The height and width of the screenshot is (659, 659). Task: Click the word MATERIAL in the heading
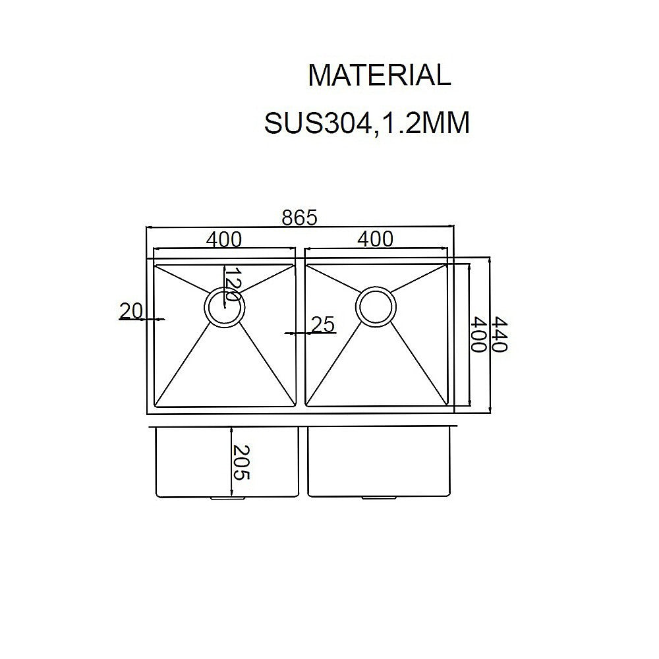click(x=379, y=76)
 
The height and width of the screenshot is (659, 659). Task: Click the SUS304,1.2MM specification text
click(x=366, y=123)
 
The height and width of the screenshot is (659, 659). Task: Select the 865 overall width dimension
click(x=300, y=217)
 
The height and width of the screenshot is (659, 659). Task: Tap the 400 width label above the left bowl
click(x=223, y=239)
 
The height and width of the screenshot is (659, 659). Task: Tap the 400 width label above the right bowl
click(x=375, y=239)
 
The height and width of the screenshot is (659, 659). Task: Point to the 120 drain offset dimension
click(x=230, y=285)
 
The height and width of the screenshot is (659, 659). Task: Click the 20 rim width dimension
click(x=131, y=310)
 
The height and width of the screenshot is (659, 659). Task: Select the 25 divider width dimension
click(x=323, y=324)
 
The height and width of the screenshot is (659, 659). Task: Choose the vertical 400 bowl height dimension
click(x=479, y=335)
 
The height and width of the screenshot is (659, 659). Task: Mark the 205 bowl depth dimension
click(x=242, y=461)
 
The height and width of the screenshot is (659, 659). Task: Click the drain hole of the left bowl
click(x=225, y=308)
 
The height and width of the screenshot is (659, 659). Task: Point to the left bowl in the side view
click(x=191, y=461)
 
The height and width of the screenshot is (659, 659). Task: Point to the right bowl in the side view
click(x=379, y=461)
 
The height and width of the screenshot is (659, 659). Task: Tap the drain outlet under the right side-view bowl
click(x=376, y=499)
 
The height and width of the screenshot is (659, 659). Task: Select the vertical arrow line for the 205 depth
click(x=231, y=461)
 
